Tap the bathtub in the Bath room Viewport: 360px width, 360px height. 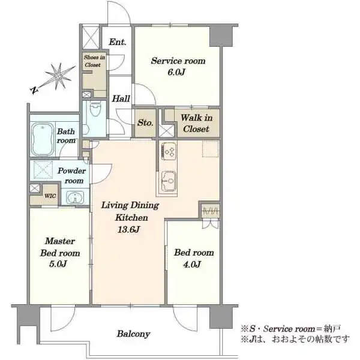point(42,140)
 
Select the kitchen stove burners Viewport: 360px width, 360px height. point(169,151)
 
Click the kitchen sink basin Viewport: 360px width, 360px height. point(169,181)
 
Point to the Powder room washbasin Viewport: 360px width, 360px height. point(75,197)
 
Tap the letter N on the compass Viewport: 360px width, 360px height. point(34,90)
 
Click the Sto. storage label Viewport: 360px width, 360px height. point(145,123)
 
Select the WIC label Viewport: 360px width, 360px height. point(50,196)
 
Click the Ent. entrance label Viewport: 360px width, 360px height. point(118,42)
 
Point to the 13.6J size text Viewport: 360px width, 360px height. point(128,229)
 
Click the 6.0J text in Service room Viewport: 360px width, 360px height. point(176,73)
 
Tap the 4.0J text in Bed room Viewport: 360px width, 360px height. point(192,264)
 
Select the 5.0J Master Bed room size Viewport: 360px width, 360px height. point(58,264)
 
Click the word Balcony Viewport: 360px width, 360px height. point(133,334)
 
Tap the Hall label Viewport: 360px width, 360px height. point(121,99)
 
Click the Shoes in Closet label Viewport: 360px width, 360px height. point(94,61)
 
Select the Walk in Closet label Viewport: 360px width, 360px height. point(196,124)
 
